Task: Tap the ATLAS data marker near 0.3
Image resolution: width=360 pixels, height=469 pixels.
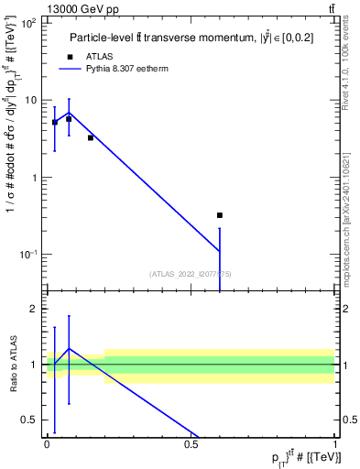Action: (x=219, y=215)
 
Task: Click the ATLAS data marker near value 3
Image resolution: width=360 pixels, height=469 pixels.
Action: (x=91, y=137)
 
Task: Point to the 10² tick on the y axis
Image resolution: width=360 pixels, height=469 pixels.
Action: (x=30, y=23)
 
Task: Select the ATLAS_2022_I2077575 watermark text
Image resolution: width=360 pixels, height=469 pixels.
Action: (x=191, y=273)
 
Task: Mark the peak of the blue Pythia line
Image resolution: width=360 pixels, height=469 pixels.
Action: (x=69, y=112)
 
